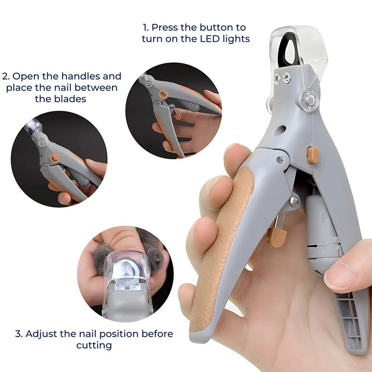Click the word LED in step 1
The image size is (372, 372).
tap(210, 39)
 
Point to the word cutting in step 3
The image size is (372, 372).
tap(94, 345)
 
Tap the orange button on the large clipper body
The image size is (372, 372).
tap(312, 155)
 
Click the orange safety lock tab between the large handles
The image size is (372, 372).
tap(276, 237)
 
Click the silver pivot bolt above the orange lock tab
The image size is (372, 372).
tap(295, 201)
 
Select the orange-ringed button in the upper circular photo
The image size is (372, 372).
tap(163, 94)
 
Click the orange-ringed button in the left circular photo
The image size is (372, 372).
tap(55, 158)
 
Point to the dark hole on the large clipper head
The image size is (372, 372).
tap(280, 130)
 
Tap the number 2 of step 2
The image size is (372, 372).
tap(5, 76)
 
